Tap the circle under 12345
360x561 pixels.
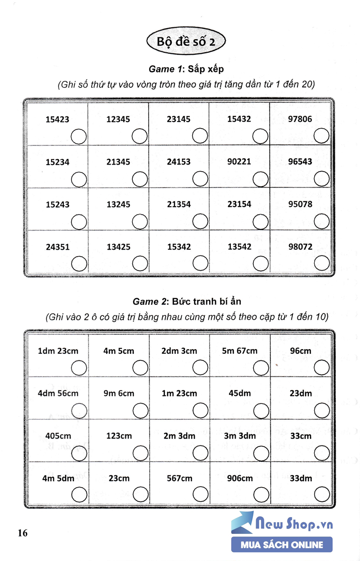(139, 137)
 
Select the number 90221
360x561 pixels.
(239, 162)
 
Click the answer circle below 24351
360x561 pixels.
(79, 264)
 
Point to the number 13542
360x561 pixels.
(239, 247)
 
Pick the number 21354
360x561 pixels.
(179, 204)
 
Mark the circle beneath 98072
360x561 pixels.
(321, 264)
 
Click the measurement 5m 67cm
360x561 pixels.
(239, 351)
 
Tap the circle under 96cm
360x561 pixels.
(322, 368)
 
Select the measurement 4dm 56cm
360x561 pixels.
(58, 394)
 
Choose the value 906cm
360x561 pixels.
(239, 478)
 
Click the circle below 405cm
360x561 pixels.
(79, 453)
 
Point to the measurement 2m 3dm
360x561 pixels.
(179, 436)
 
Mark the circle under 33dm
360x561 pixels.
(322, 495)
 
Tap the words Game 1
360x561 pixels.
(165, 69)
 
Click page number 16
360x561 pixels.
(23, 533)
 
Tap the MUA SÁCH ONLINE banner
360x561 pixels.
(282, 545)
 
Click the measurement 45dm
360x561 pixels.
(239, 394)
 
